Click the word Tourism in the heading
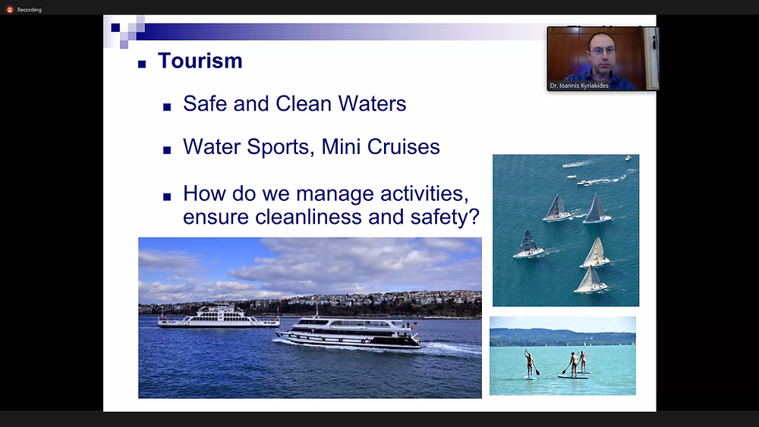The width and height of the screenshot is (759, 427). (x=200, y=61)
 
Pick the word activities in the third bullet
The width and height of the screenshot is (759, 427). (x=424, y=194)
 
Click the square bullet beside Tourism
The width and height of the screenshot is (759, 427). (x=142, y=64)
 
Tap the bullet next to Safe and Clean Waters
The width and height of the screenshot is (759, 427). (x=167, y=107)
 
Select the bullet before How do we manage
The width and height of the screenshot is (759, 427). (x=167, y=196)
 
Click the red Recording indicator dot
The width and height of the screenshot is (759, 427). (x=9, y=10)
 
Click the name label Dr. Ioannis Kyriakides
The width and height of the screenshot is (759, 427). (x=579, y=86)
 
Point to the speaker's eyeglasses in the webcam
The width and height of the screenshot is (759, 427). (x=603, y=50)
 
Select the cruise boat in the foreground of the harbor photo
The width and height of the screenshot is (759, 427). (x=348, y=333)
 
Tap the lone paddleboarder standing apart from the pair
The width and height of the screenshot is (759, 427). (x=530, y=363)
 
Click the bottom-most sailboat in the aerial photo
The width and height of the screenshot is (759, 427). (x=590, y=281)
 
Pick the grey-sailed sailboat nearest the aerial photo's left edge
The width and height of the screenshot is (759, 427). (x=528, y=244)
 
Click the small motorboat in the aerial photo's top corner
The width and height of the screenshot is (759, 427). (x=628, y=158)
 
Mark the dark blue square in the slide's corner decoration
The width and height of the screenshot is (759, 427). (x=115, y=27)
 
